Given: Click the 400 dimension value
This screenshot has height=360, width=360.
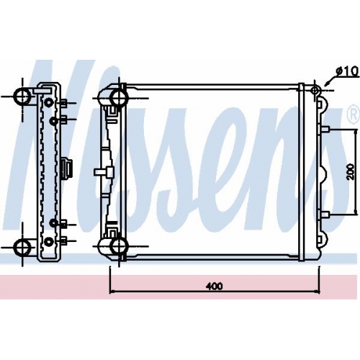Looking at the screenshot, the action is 214,286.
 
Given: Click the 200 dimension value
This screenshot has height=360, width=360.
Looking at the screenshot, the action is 350,171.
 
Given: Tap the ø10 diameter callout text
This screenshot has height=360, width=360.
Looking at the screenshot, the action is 347,71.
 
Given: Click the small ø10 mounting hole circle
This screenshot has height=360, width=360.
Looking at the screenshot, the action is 315,91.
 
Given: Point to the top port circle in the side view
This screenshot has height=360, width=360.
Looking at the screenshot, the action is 22,96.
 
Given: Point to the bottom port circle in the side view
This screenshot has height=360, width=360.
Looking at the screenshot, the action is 22,246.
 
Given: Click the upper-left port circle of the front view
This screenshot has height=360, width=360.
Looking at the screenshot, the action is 119,97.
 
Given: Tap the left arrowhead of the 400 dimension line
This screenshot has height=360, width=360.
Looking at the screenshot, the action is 112,291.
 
